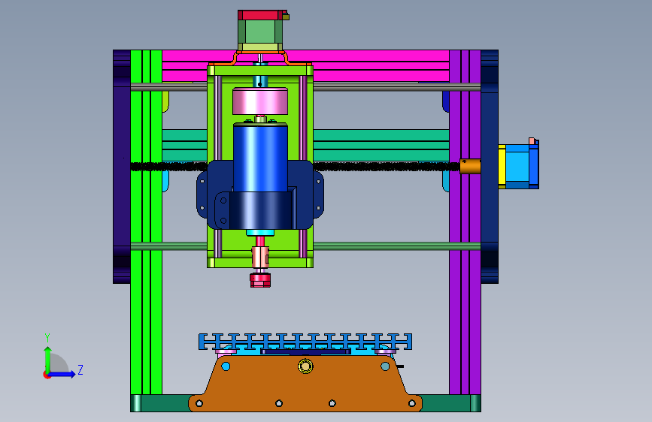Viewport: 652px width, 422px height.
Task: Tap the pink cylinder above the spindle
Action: point(260,101)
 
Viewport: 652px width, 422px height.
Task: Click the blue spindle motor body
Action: point(260,158)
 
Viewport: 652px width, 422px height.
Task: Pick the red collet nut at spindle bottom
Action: point(260,280)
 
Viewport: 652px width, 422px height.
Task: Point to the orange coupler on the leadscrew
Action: point(470,166)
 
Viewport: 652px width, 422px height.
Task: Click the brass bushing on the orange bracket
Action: point(305,366)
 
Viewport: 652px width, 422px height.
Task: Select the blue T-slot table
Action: point(305,342)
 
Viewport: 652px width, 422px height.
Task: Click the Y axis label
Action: point(47,338)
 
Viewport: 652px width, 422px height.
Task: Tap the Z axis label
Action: point(80,369)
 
